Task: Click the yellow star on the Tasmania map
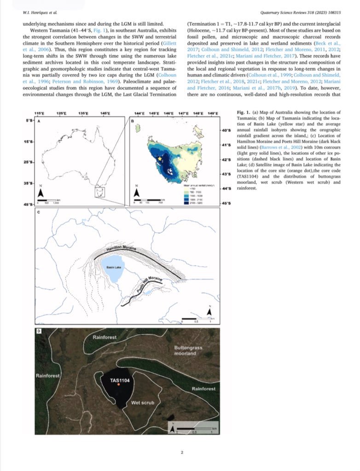pos(160,158)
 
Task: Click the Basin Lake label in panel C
pos(113,267)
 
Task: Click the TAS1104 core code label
pos(119,380)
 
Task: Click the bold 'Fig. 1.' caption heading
pos(243,113)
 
